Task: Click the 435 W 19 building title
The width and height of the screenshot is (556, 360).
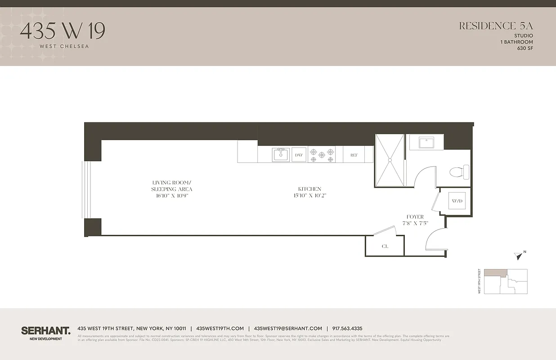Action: click(x=63, y=31)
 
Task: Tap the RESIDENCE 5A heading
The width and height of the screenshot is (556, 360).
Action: click(x=496, y=26)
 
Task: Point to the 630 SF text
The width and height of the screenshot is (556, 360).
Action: click(x=525, y=48)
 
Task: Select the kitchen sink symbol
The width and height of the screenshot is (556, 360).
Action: click(x=281, y=155)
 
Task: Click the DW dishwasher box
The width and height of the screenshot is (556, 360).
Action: click(x=299, y=155)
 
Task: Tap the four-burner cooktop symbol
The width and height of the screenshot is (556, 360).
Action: click(x=322, y=155)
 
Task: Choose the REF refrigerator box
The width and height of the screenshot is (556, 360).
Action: click(x=354, y=155)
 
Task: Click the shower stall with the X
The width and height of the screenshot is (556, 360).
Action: click(x=390, y=160)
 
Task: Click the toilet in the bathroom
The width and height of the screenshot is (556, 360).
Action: click(x=459, y=172)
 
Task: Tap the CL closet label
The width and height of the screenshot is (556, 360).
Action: click(x=385, y=247)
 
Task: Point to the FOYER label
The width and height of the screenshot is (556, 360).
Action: click(x=415, y=217)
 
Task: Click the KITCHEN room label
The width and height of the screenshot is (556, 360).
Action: click(x=309, y=189)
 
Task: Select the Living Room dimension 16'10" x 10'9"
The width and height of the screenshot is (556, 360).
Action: click(x=171, y=196)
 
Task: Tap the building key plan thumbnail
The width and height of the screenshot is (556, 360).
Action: click(x=506, y=282)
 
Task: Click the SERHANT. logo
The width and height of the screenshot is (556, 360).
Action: click(x=46, y=331)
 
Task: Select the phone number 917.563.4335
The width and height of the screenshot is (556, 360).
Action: click(x=347, y=328)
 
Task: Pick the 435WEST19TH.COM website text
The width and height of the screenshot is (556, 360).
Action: click(x=220, y=328)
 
